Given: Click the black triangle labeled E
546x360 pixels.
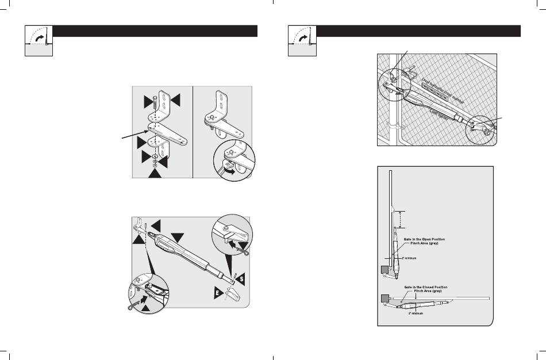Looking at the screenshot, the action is click(220, 293).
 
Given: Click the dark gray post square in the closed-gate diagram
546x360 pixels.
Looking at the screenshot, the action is click(383, 298).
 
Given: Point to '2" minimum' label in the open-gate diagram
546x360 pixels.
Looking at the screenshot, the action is click(406, 258).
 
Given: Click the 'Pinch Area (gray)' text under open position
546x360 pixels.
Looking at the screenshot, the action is click(426, 244).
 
